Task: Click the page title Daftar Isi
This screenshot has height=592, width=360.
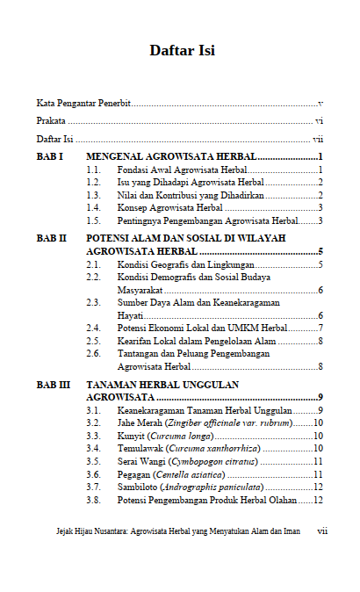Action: (182, 50)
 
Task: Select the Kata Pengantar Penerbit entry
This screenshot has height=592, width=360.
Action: (83, 104)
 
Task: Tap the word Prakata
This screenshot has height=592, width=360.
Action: (51, 121)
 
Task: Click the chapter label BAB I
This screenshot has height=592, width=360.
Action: (49, 155)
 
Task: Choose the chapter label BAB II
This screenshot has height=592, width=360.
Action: (51, 238)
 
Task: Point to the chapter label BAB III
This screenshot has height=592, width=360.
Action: (53, 385)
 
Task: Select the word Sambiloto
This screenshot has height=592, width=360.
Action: (139, 487)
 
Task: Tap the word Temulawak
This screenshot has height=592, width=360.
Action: (141, 448)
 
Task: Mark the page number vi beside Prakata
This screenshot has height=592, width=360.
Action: (320, 121)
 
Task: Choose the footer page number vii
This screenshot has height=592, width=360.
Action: (322, 531)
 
